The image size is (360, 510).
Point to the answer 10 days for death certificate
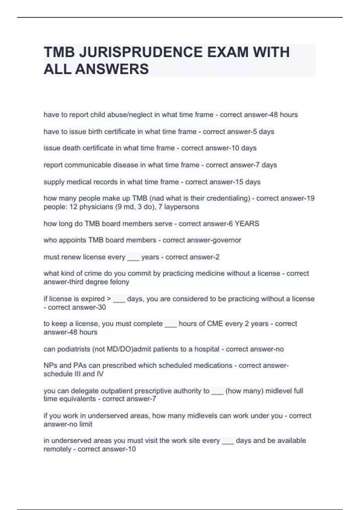[244, 148]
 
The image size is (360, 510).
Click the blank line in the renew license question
[133, 258]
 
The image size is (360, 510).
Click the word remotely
[57, 449]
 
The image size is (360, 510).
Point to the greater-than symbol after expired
[109, 299]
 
